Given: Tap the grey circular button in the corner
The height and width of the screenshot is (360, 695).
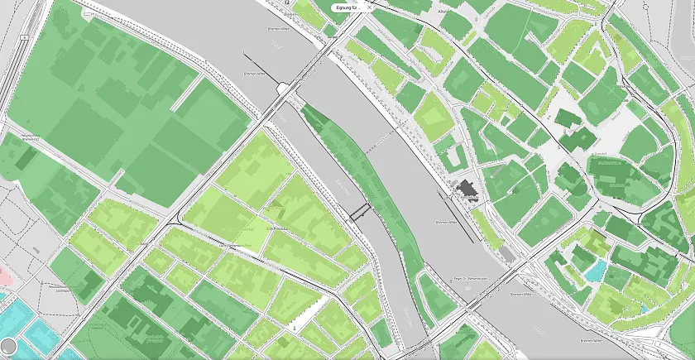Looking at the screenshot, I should tap(8, 346).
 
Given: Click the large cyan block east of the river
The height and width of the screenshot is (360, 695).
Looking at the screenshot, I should tap(596, 270).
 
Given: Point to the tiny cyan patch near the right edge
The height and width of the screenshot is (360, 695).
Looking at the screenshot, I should tap(645, 309).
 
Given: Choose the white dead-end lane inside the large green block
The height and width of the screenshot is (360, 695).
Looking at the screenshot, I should tap(184, 93).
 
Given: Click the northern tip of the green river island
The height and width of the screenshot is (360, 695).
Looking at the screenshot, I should tap(304, 107).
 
